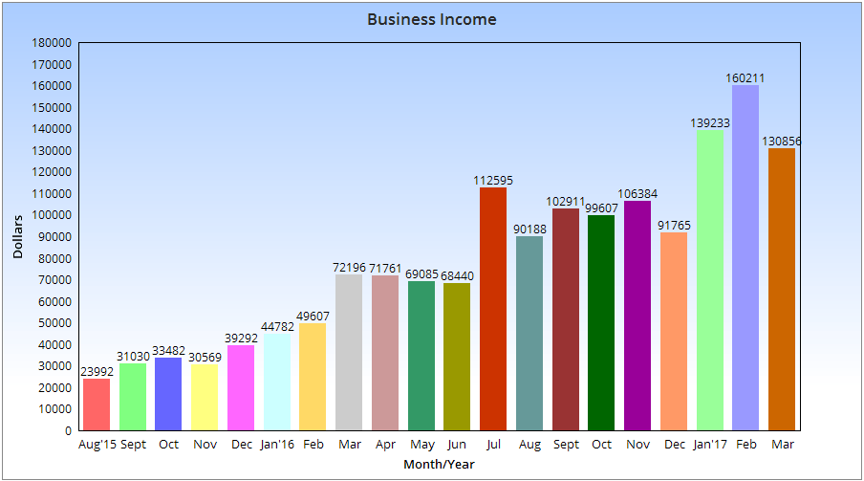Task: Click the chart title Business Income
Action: (432, 19)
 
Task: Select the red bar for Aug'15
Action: (97, 404)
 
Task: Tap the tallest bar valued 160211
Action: (745, 258)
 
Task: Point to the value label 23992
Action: (97, 372)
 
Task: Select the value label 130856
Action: (782, 142)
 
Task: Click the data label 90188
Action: (529, 230)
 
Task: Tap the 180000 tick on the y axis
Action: (52, 43)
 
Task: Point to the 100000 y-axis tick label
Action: (52, 215)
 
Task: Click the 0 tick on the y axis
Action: (68, 430)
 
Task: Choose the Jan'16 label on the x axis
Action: (276, 445)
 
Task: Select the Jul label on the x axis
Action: (493, 445)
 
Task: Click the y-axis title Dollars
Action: (18, 237)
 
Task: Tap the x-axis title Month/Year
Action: (439, 465)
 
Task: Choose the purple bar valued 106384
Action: (637, 316)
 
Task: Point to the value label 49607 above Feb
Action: (313, 317)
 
